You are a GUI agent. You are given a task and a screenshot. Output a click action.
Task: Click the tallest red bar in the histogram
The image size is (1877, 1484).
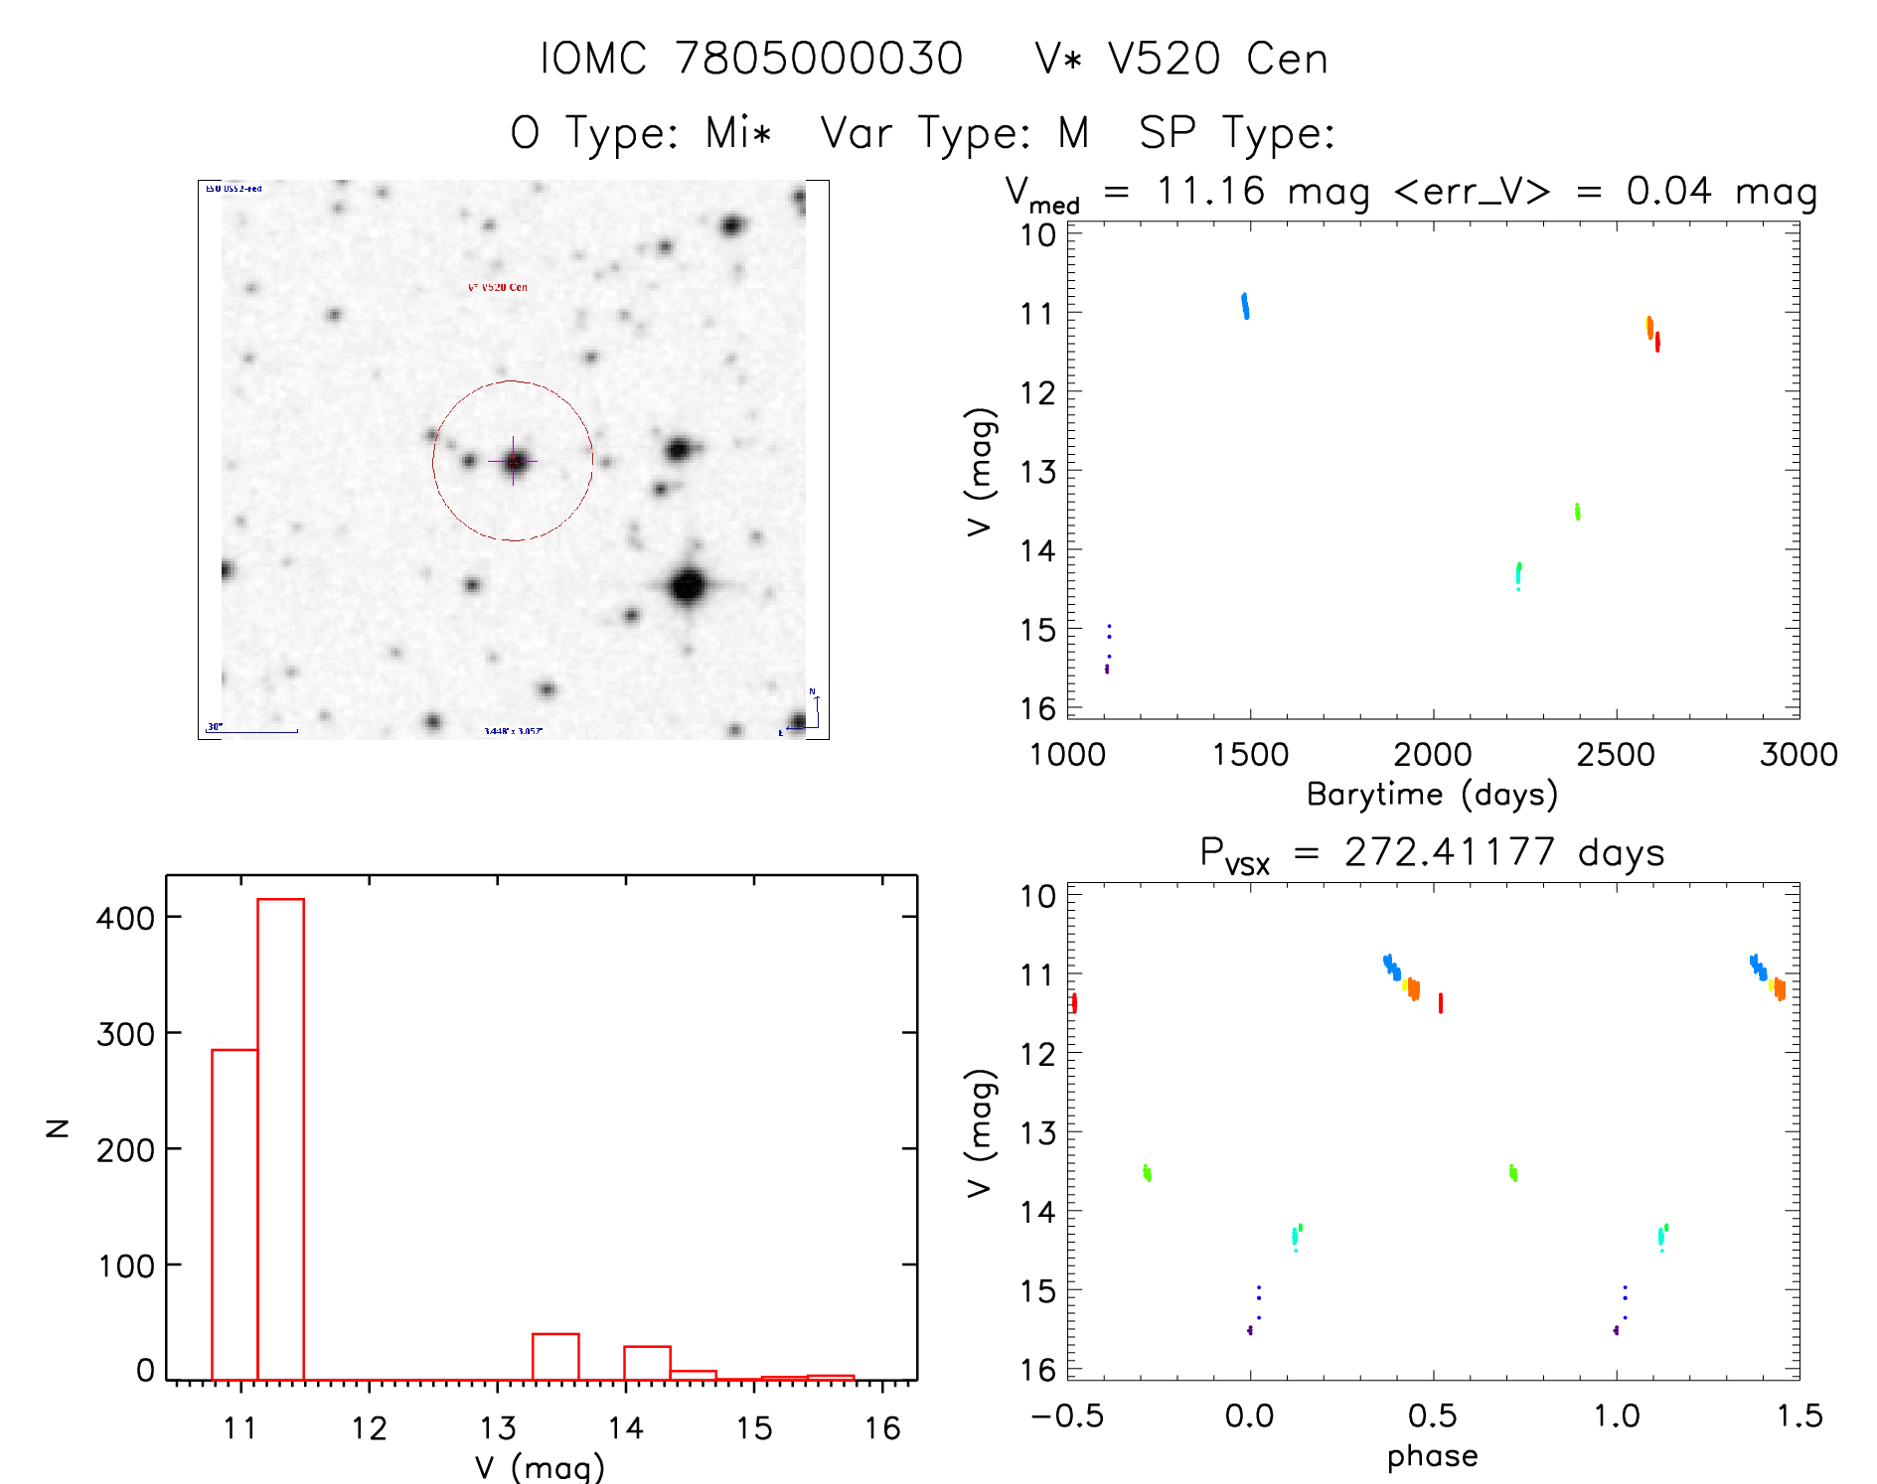280,1138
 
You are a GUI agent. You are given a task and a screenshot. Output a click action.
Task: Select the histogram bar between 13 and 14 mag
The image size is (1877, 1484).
555,1357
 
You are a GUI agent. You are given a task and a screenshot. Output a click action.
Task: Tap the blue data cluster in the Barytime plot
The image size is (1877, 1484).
1245,305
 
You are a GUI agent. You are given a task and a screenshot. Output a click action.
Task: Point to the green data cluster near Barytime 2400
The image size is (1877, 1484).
1577,512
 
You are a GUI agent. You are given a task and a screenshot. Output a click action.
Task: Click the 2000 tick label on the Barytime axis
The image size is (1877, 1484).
1432,755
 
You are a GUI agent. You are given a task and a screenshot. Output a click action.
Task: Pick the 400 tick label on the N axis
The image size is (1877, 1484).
125,918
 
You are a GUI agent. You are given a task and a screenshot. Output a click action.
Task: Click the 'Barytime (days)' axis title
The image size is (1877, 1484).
1432,795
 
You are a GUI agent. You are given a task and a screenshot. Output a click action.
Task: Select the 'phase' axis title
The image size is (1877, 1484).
1432,1456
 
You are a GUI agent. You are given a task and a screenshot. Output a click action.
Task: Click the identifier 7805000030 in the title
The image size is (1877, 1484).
819,59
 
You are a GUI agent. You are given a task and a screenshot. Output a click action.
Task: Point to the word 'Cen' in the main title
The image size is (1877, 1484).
1287,59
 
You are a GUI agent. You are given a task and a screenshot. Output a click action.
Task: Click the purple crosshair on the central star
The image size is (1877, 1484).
513,461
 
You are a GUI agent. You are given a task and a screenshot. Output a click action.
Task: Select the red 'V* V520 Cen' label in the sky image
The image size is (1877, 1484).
498,287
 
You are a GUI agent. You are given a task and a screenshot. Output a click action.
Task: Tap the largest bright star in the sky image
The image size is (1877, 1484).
688,586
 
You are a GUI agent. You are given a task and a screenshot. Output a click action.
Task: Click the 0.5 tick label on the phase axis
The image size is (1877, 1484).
1432,1416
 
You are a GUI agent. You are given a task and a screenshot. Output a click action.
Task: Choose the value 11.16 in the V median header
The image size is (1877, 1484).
1210,191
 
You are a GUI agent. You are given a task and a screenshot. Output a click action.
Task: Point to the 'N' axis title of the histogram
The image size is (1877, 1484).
58,1127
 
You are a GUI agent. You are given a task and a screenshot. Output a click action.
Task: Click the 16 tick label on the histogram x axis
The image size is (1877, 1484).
881,1428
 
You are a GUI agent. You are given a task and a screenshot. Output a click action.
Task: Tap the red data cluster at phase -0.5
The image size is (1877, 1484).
1074,1003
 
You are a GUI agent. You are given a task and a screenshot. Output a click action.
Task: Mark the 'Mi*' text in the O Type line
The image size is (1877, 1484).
738,132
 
